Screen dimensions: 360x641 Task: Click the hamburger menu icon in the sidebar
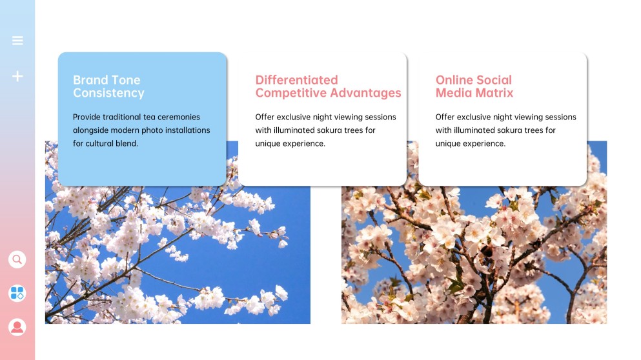pyautogui.click(x=17, y=41)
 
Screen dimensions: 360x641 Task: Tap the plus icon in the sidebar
pyautogui.click(x=17, y=76)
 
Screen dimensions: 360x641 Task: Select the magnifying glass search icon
pyautogui.click(x=17, y=259)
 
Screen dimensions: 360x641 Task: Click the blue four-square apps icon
pyautogui.click(x=17, y=293)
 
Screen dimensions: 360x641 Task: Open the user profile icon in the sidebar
pyautogui.click(x=17, y=326)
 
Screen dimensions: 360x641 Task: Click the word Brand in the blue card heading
pyautogui.click(x=90, y=80)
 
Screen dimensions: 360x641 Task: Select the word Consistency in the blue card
pyautogui.click(x=108, y=93)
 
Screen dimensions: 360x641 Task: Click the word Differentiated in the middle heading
pyautogui.click(x=296, y=80)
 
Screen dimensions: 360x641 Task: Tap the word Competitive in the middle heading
pyautogui.click(x=289, y=93)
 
